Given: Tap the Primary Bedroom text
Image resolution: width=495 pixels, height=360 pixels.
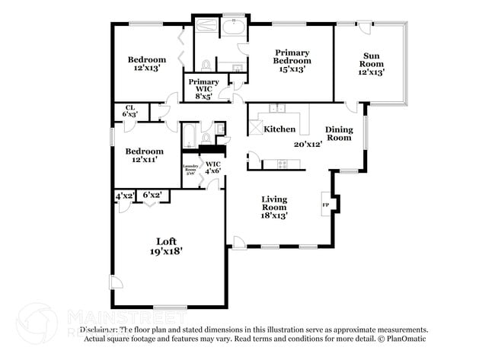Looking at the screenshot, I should coord(292,60).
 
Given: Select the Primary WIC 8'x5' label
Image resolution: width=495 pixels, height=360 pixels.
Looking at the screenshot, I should coord(203,88).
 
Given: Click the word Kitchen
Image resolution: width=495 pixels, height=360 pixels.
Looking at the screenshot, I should coord(279,129).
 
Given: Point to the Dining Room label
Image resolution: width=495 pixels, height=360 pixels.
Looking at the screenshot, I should coord(339,133).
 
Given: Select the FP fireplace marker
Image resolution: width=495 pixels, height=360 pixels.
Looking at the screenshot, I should coord(326,205).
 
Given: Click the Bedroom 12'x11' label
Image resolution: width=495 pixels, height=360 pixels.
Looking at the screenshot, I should coord(145,156).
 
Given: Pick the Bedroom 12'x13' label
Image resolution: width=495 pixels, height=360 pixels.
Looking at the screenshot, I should coord(146,64).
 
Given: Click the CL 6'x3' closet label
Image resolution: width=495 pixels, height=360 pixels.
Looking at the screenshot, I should coord(129,112).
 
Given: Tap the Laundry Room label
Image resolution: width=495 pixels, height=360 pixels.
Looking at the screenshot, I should coord(191,168).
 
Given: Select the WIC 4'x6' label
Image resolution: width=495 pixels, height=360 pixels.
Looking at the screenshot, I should coord(212,167).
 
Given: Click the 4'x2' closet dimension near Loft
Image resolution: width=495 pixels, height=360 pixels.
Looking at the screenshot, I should coord(125,196).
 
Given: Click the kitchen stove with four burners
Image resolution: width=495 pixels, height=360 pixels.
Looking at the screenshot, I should coord(283,164).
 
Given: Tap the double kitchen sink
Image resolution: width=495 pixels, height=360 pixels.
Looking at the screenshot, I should coord(279,109).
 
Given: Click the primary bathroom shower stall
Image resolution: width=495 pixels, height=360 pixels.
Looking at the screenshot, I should coord(206,27).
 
